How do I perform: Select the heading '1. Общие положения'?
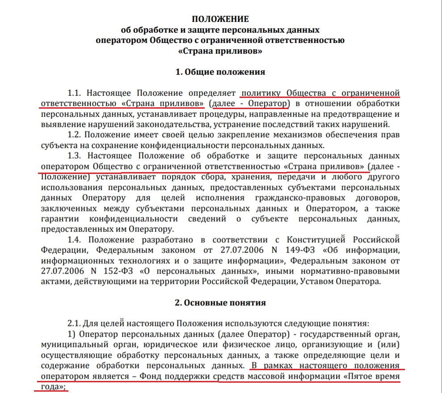(220, 72)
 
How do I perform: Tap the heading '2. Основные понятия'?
(220, 303)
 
